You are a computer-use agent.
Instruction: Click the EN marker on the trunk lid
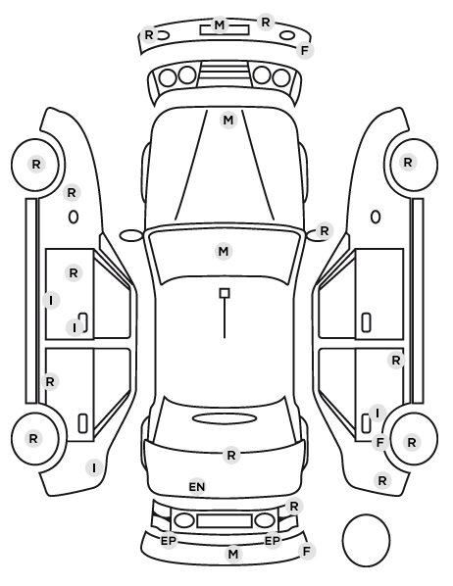click(x=197, y=487)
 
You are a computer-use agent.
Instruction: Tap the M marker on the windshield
click(x=224, y=251)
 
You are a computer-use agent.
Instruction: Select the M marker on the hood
click(x=228, y=121)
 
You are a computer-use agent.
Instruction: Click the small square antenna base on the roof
click(x=225, y=293)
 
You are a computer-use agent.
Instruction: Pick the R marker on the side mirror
click(x=324, y=231)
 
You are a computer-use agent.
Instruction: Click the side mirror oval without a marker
click(x=131, y=236)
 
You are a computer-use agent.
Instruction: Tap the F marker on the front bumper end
click(x=305, y=50)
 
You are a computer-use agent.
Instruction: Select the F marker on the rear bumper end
click(x=306, y=551)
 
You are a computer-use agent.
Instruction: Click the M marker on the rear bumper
click(x=233, y=554)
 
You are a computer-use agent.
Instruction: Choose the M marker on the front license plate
click(x=220, y=25)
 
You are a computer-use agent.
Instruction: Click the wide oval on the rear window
click(x=225, y=418)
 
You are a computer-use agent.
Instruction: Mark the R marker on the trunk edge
click(x=231, y=456)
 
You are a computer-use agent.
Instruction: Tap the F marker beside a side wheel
click(x=380, y=443)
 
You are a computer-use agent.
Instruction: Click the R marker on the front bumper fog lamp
click(x=149, y=34)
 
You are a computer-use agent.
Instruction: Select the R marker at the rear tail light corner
click(x=294, y=507)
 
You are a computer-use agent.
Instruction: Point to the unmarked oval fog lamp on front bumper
click(x=287, y=35)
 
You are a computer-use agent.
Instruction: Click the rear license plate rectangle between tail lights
click(x=225, y=520)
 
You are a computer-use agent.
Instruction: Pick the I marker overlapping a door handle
click(x=75, y=327)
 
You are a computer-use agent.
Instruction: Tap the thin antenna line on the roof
click(x=225, y=318)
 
